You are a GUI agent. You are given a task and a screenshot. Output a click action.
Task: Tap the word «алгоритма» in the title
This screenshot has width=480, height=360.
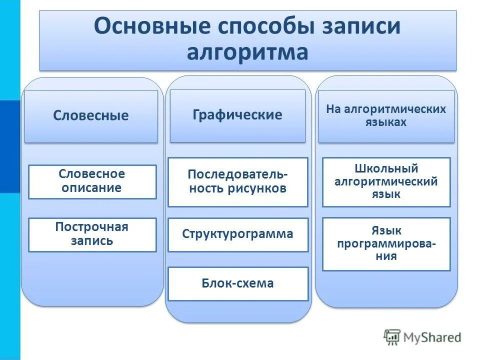point(247,52)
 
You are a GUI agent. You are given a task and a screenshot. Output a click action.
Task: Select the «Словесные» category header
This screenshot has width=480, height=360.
point(91,116)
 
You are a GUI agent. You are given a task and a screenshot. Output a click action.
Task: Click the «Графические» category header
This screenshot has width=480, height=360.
point(237,115)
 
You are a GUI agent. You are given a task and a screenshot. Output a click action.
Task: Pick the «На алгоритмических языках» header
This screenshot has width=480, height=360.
point(386,115)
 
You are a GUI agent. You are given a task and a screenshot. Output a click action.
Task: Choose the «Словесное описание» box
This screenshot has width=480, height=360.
point(92,181)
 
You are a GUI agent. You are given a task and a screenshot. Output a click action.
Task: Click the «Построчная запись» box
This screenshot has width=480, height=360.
point(92,234)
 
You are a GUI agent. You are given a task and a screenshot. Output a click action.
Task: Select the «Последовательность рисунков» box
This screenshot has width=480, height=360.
point(237,182)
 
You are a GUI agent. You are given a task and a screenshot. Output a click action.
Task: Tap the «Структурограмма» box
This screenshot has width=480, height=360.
point(237,234)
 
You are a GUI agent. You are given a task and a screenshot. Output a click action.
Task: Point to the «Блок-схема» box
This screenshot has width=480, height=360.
point(237,284)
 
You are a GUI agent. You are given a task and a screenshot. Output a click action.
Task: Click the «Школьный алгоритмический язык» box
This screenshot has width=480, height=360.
point(386,181)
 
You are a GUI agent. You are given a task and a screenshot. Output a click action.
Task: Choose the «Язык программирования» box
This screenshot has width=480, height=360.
point(386,244)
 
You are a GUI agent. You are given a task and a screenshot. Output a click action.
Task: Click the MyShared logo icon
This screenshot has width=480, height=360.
point(392,337)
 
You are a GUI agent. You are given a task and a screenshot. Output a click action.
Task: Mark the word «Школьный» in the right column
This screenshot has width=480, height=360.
point(386,168)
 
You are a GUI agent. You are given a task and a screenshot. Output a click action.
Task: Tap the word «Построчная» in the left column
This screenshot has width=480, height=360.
point(92,227)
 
